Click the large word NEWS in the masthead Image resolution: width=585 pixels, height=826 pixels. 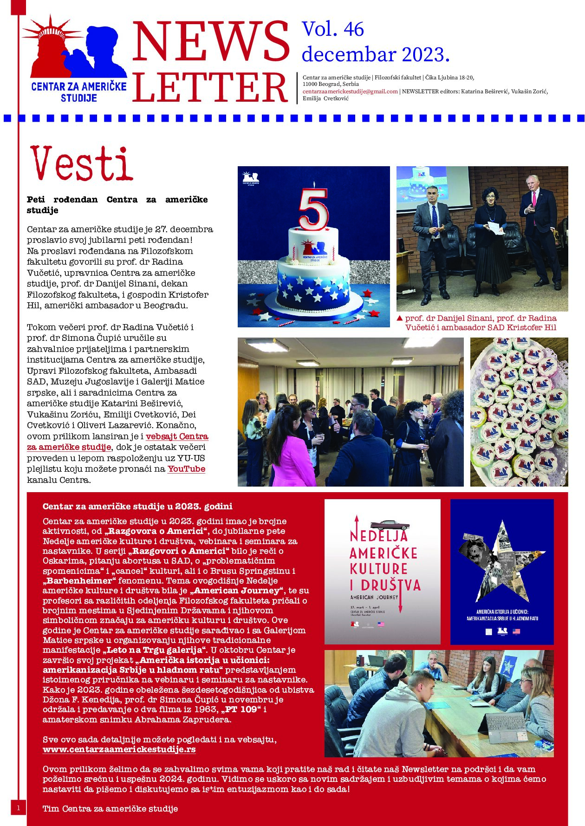click(x=211, y=42)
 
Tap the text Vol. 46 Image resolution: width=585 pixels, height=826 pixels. click(x=332, y=29)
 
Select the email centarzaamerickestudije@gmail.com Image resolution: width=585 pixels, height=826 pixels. click(x=350, y=91)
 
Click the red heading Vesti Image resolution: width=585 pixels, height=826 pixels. click(x=82, y=164)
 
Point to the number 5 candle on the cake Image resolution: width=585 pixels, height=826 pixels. click(x=313, y=208)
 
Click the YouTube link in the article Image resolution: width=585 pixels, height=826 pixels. click(x=186, y=469)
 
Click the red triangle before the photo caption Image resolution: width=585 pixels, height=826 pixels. click(x=399, y=319)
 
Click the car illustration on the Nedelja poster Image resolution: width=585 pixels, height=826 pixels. click(x=390, y=525)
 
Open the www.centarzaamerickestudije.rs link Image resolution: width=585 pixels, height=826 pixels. click(x=119, y=749)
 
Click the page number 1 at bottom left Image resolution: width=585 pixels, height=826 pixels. click(x=18, y=808)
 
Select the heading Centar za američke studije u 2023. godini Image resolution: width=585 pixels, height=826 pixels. click(x=137, y=506)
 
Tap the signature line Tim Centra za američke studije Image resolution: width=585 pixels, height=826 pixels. click(x=110, y=809)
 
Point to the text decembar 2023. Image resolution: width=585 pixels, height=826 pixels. click(x=375, y=55)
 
